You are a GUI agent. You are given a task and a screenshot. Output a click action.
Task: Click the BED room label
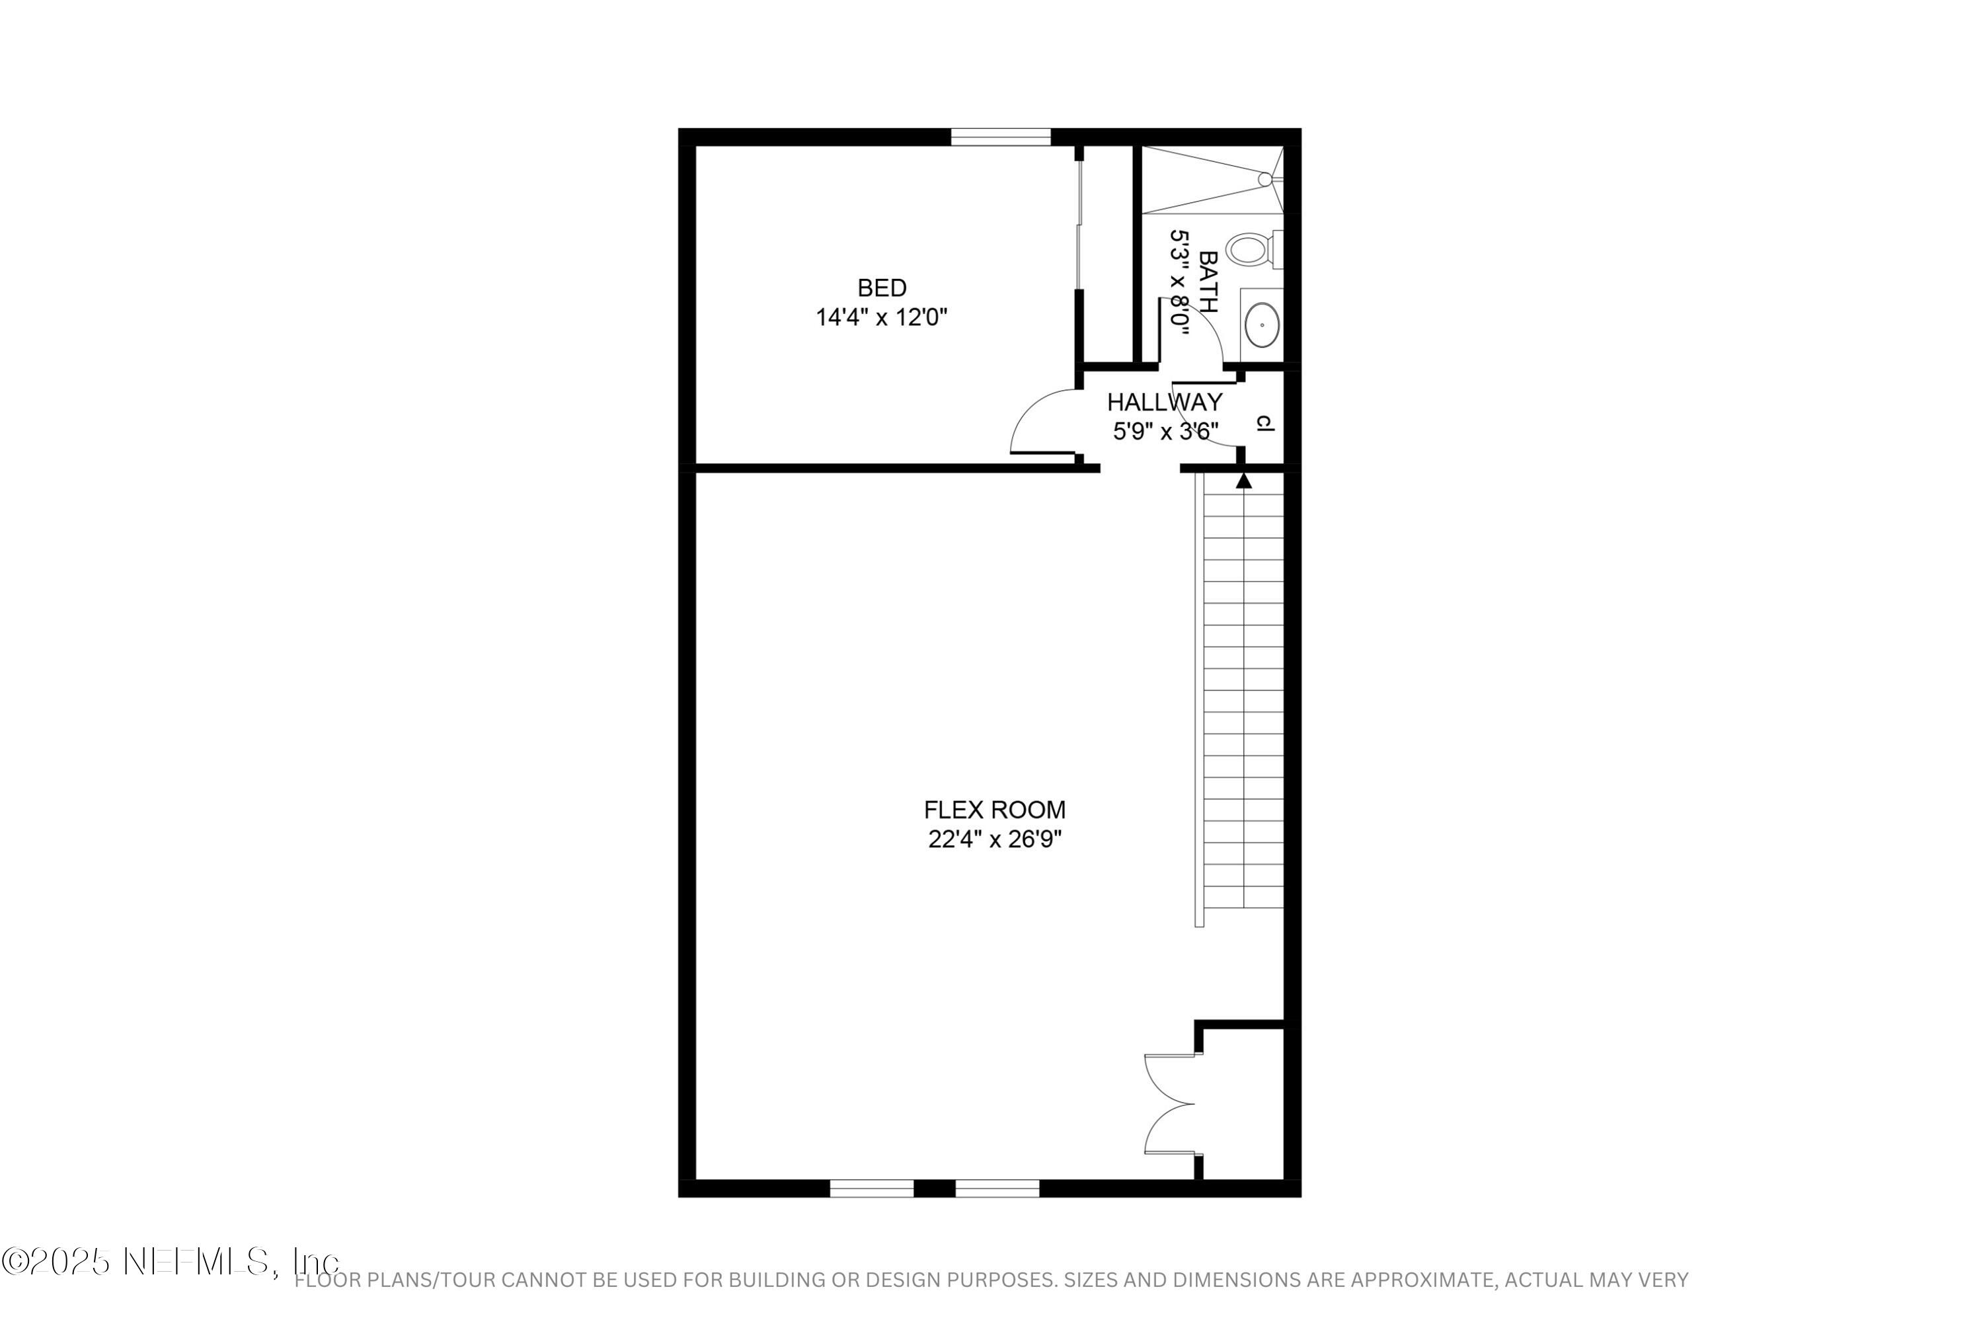(882, 288)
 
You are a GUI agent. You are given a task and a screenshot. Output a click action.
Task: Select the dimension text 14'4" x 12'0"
(882, 318)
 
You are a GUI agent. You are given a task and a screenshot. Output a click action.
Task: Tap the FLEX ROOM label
(994, 810)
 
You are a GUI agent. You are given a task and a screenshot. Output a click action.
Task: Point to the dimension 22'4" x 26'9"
(994, 839)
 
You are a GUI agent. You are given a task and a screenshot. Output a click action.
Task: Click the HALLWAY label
(1164, 402)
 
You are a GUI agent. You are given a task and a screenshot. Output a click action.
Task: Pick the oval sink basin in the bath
(1261, 325)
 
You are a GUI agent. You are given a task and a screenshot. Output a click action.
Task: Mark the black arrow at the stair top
(1243, 481)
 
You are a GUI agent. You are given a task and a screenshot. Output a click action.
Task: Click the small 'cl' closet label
(1264, 423)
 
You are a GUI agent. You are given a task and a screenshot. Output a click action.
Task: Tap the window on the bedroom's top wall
(1001, 137)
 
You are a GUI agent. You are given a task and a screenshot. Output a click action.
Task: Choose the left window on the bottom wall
(871, 1188)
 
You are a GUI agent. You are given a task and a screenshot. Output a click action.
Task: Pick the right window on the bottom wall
(997, 1188)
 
